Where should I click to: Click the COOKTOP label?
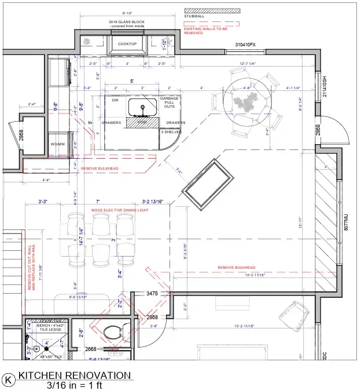127,44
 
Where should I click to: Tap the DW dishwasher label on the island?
115,100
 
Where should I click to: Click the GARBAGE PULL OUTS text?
169,103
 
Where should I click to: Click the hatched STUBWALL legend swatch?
212,10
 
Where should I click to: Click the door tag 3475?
152,294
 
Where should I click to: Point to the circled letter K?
9,379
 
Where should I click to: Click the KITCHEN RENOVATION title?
75,375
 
